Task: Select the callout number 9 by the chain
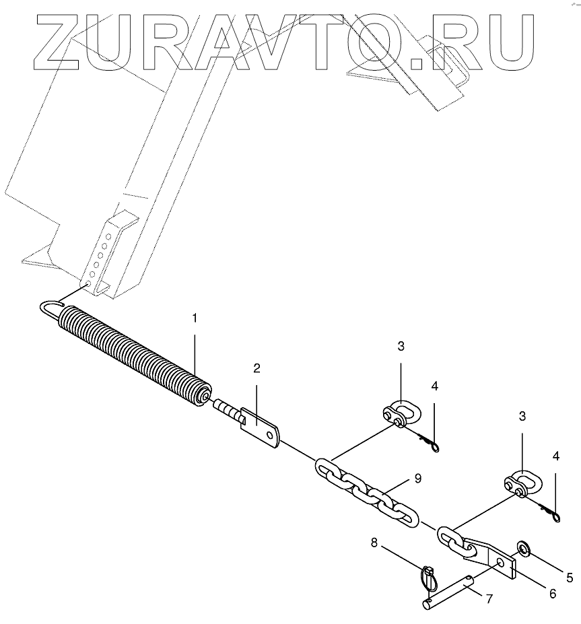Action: (418, 479)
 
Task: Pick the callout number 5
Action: (569, 577)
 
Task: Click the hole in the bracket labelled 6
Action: (498, 561)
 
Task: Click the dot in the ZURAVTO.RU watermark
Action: (417, 63)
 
